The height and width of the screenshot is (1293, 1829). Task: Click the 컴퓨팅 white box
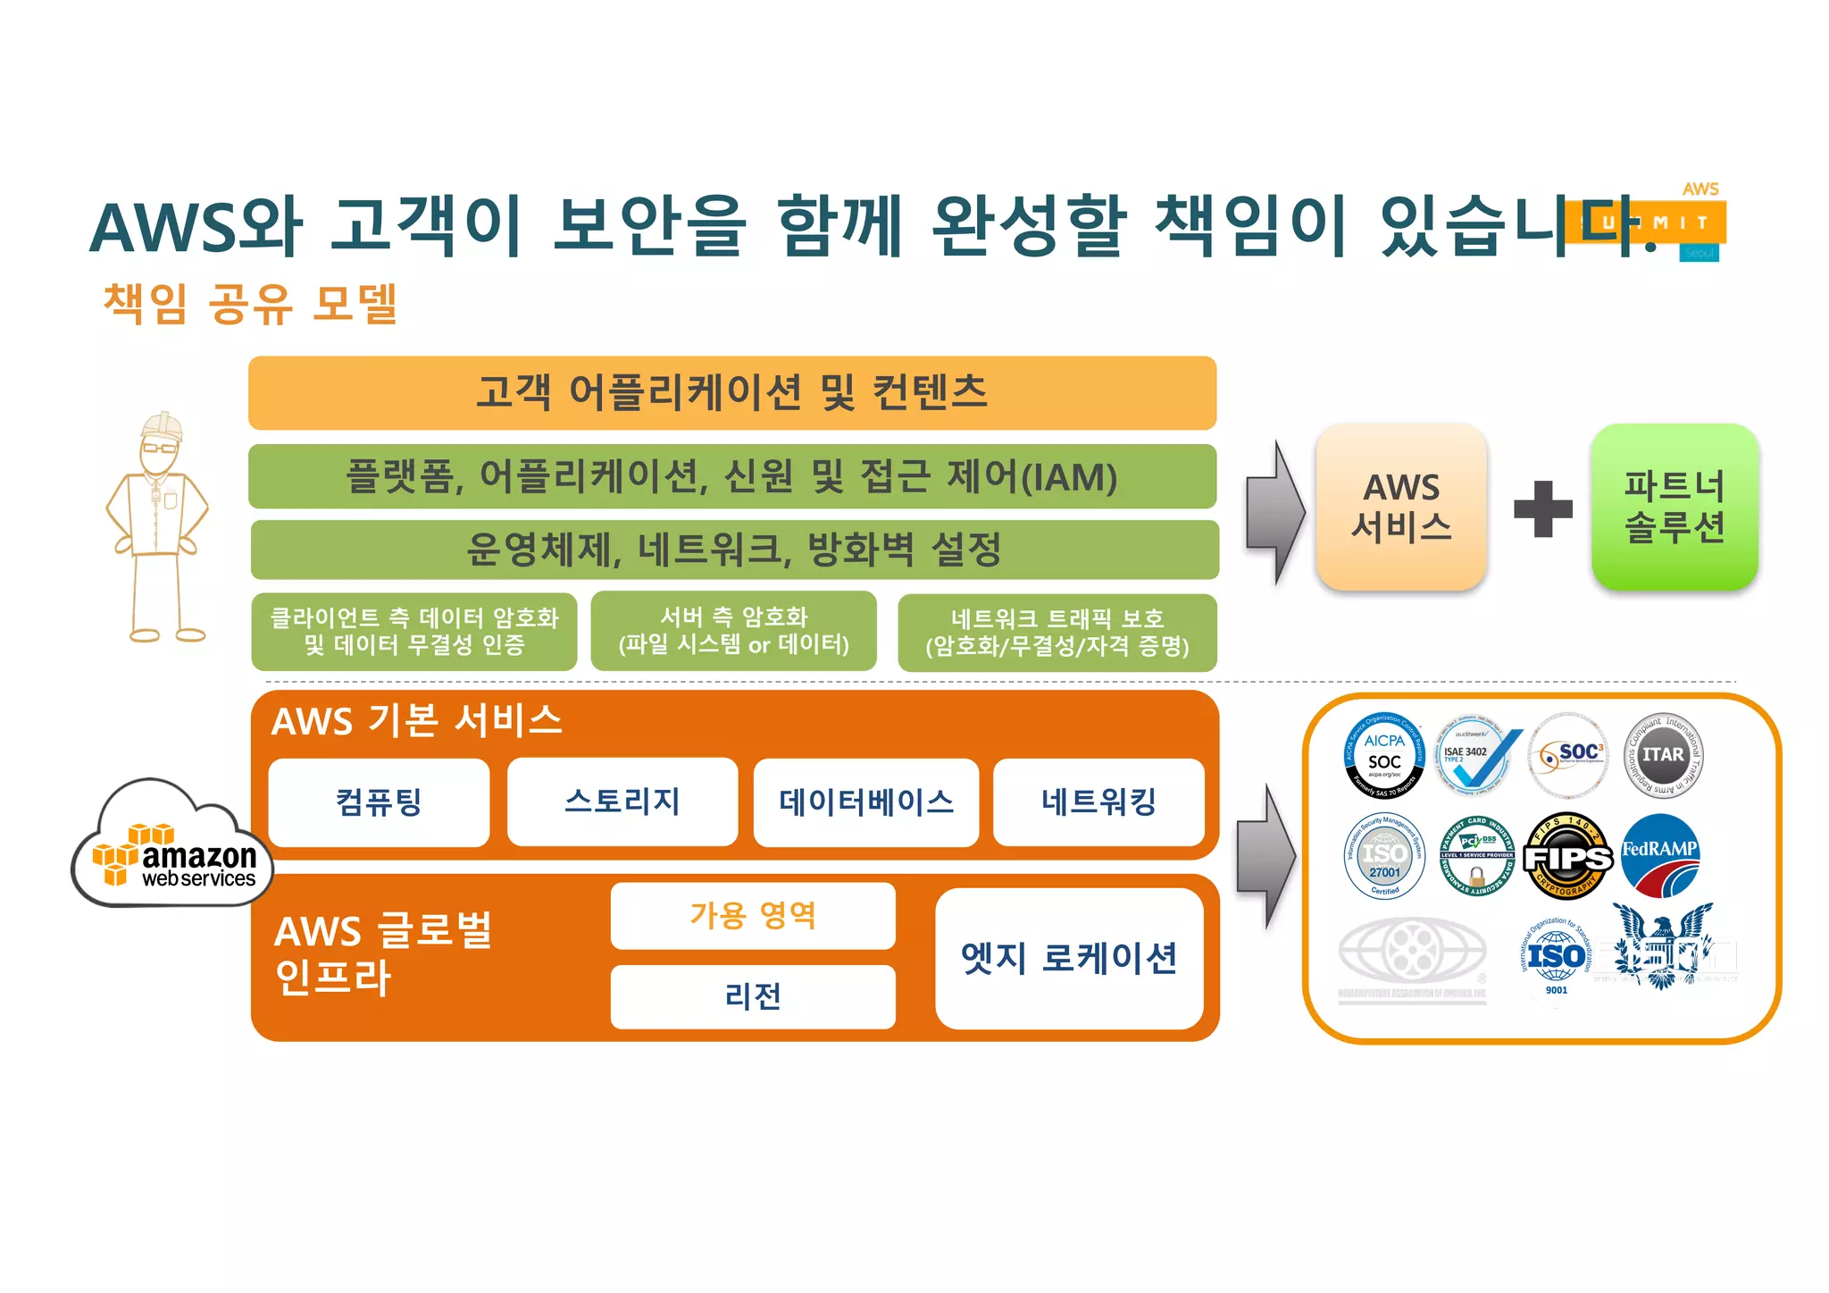click(379, 802)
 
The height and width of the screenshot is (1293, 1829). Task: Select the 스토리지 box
click(622, 802)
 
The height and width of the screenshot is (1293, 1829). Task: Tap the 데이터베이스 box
click(865, 802)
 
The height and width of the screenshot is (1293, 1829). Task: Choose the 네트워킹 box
click(1098, 802)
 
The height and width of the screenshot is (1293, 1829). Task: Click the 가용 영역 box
click(752, 915)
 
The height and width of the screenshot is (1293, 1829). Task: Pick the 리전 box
click(752, 995)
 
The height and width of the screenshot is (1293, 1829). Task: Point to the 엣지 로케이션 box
click(1069, 958)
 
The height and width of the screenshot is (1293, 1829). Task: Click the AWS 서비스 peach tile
click(1400, 507)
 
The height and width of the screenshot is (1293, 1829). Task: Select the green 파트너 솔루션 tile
click(1674, 507)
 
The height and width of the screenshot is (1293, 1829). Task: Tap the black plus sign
click(1542, 508)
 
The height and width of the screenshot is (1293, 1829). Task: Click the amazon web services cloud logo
click(172, 845)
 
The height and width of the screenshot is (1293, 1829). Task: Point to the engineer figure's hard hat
click(162, 426)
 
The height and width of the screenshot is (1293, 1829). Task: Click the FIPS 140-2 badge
click(1567, 856)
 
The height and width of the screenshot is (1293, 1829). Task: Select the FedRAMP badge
click(1659, 855)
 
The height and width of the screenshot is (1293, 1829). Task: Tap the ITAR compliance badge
click(1662, 755)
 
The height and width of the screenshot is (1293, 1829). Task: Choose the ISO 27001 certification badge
click(1383, 856)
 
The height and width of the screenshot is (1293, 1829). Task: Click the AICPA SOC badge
click(1383, 755)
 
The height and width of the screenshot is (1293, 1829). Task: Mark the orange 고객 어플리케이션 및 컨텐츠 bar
click(731, 392)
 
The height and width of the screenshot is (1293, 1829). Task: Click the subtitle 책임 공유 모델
click(250, 304)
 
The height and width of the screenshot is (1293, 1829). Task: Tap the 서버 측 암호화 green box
click(733, 631)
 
